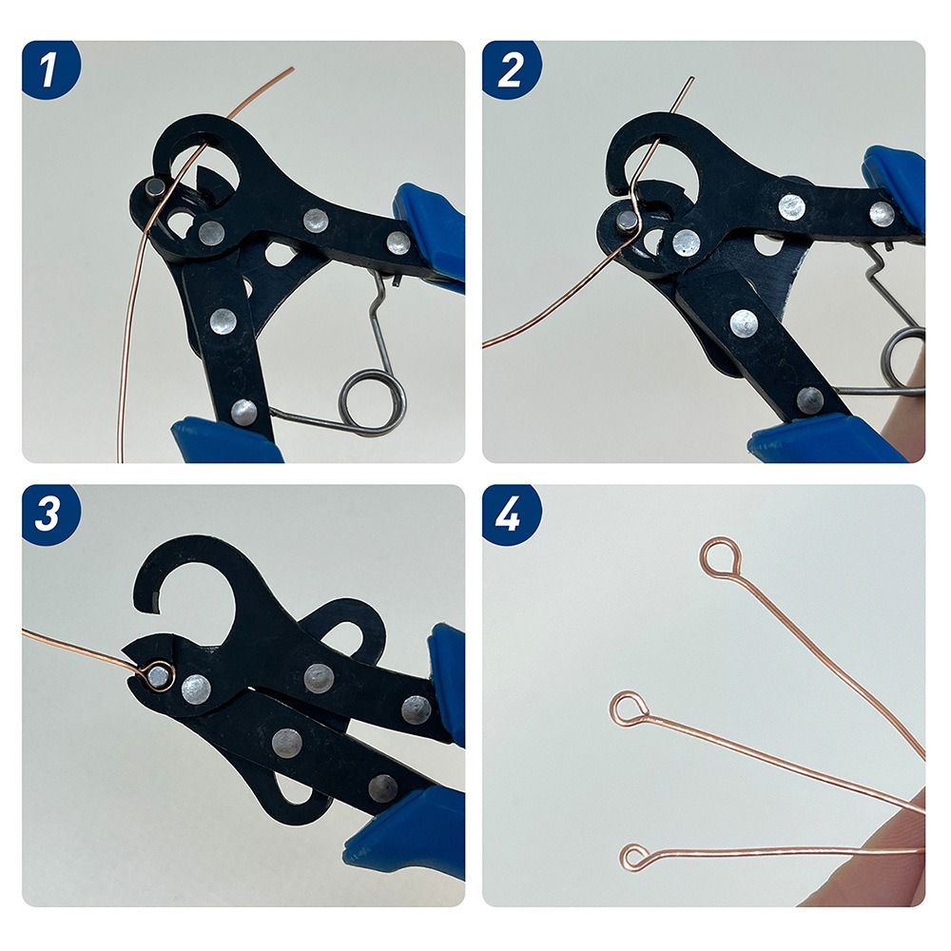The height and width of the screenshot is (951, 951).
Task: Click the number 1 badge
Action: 49,69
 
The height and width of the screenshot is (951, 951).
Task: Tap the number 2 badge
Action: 511,69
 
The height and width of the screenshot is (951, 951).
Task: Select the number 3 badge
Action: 49,514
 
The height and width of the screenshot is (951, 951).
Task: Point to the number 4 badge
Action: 511,514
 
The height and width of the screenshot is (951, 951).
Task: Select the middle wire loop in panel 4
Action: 629,708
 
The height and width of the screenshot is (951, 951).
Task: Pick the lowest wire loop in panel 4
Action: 634,857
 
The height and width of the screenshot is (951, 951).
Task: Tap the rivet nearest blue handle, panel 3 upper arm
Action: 415,708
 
